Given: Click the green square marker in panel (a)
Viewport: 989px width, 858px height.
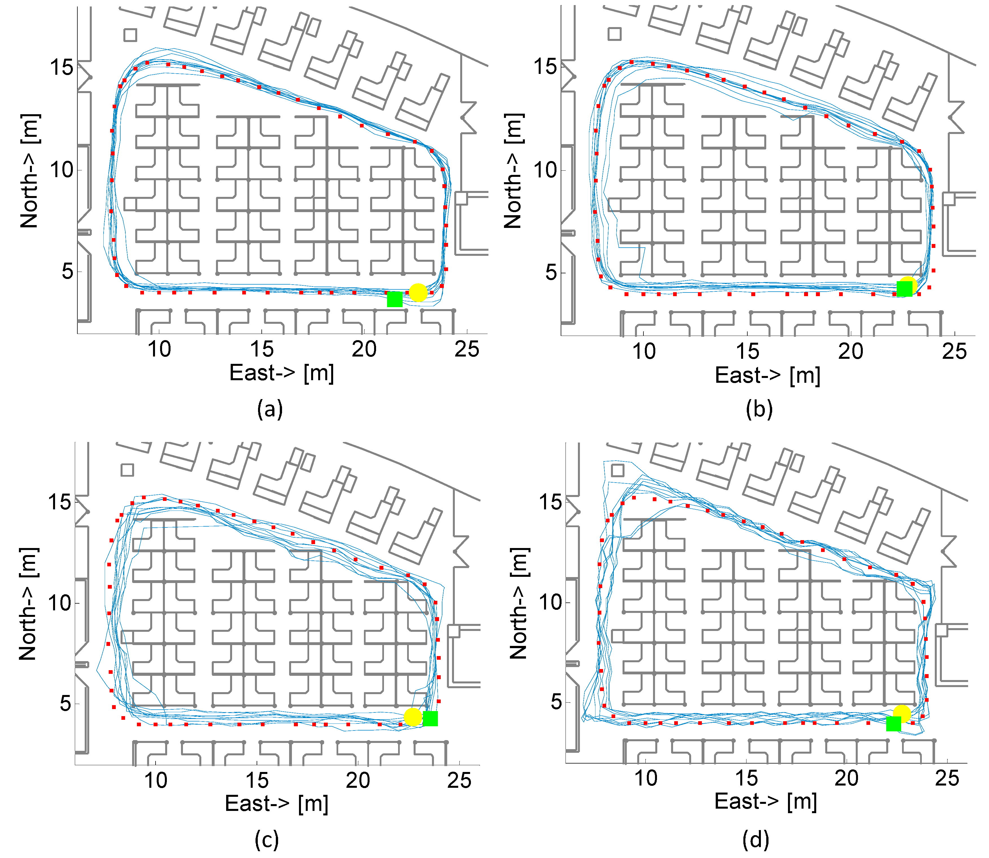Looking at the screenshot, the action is pyautogui.click(x=394, y=299).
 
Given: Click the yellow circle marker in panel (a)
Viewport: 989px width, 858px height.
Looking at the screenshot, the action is pyautogui.click(x=418, y=292).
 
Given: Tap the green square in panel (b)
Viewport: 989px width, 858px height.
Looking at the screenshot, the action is pyautogui.click(x=904, y=289).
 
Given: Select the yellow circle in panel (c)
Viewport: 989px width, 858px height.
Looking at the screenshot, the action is pyautogui.click(x=412, y=717).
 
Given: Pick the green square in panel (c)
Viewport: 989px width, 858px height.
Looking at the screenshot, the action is pyautogui.click(x=430, y=718).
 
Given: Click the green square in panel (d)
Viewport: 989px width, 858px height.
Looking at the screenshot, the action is pyautogui.click(x=894, y=723).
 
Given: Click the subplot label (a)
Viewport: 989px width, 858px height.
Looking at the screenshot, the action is pyautogui.click(x=270, y=409).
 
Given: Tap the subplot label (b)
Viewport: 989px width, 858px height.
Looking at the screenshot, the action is pyautogui.click(x=759, y=409).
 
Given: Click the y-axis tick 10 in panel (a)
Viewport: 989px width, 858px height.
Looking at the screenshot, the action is pyautogui.click(x=61, y=170).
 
